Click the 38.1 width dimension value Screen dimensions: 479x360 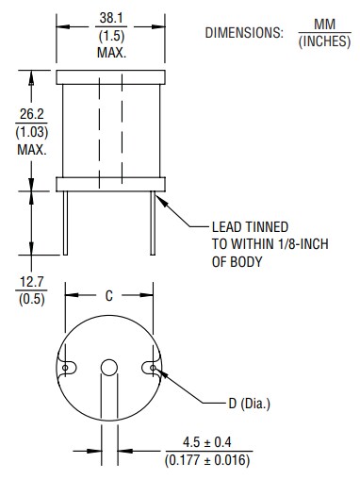point(111,17)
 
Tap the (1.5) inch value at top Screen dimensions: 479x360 point(111,34)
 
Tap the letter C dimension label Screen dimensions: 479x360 point(109,296)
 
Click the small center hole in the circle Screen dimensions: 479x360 point(109,367)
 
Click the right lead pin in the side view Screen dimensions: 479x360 point(152,219)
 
